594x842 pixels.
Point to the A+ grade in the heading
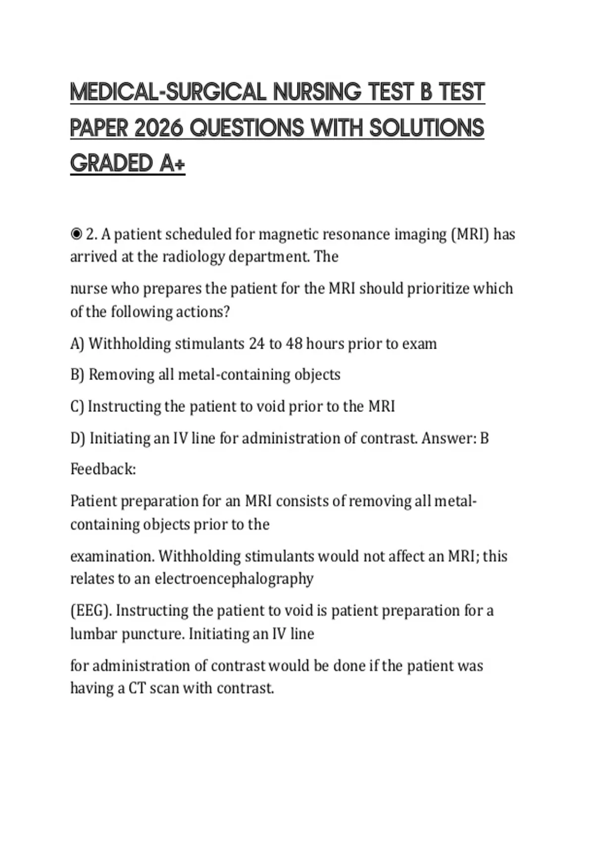click(x=172, y=163)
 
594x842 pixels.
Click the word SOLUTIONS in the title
click(x=427, y=128)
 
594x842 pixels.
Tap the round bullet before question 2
click(x=76, y=234)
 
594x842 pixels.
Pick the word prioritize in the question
click(x=438, y=288)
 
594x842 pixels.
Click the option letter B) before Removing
click(x=78, y=375)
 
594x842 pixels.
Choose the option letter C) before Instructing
click(x=77, y=407)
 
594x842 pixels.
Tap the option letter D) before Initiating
click(x=78, y=438)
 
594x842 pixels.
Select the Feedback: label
click(x=103, y=469)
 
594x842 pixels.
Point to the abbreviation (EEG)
click(x=91, y=611)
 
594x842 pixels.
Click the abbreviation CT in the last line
click(x=136, y=688)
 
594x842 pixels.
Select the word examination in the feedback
click(x=112, y=556)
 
